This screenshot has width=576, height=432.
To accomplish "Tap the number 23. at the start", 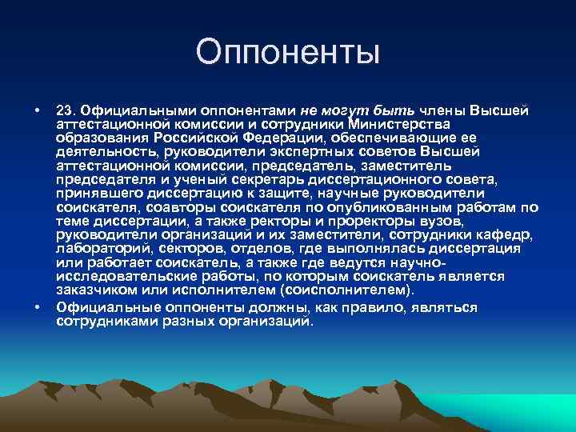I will [x=66, y=109].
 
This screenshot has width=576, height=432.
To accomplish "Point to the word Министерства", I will [x=400, y=124].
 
